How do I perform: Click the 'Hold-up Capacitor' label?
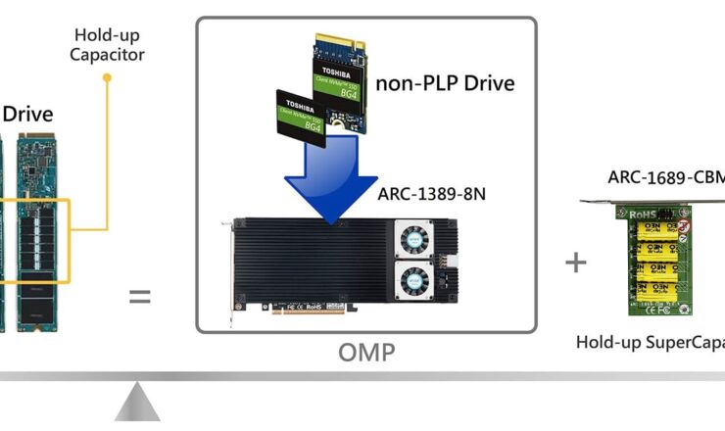tap(107, 44)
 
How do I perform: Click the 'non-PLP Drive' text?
tap(445, 83)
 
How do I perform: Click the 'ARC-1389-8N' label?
tap(431, 194)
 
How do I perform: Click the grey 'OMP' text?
tap(366, 353)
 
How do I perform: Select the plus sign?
tap(576, 263)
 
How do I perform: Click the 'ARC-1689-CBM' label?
tap(665, 177)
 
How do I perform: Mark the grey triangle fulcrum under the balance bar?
tap(137, 405)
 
